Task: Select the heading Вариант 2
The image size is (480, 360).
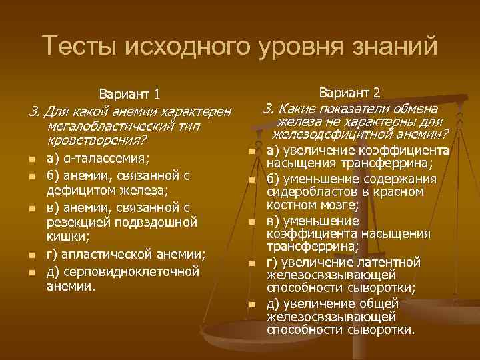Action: [x=350, y=91]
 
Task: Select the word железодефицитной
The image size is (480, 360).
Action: [x=323, y=135]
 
